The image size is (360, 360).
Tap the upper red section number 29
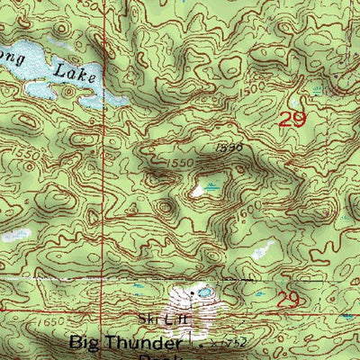[292, 120]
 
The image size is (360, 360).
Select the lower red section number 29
[288, 298]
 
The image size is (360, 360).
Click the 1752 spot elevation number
[220, 344]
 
